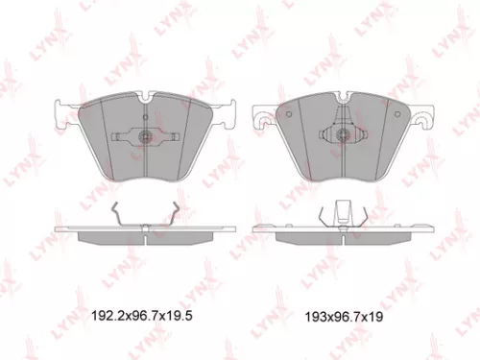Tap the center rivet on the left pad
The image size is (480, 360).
tap(143, 134)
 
